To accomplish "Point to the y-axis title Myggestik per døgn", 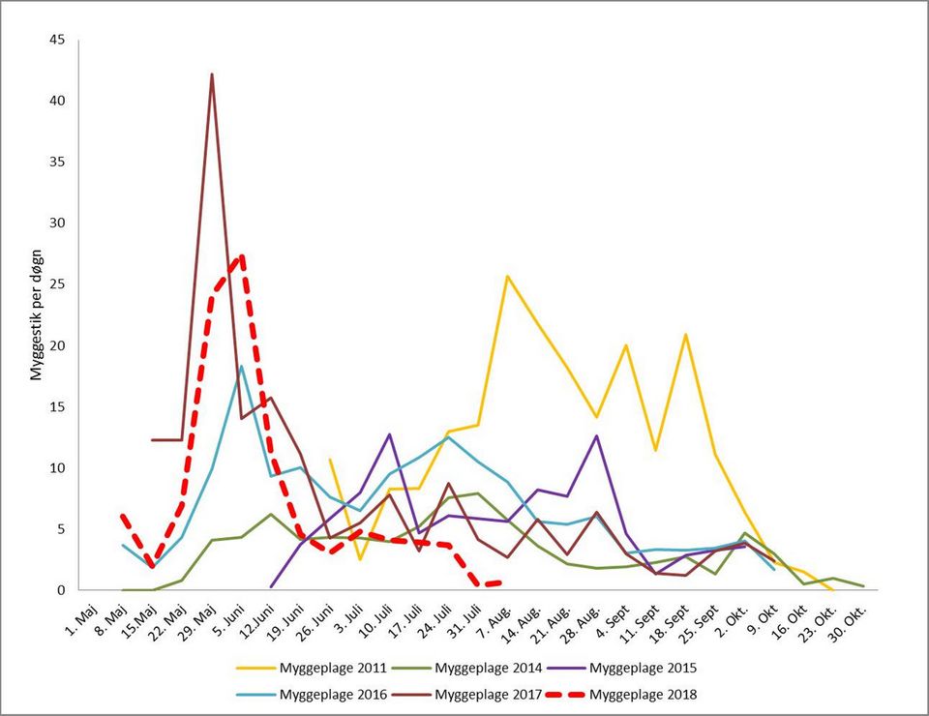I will click(x=37, y=314).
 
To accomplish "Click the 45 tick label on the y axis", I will click(x=57, y=40).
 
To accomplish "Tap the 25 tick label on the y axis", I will click(x=57, y=284).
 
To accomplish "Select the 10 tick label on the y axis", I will click(x=57, y=468).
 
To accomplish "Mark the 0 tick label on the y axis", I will click(x=61, y=590).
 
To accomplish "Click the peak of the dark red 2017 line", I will click(x=212, y=75).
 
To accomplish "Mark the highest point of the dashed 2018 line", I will click(x=241, y=256).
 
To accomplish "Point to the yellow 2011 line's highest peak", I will click(x=507, y=276).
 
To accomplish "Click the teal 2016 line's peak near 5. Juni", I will click(x=242, y=366).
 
